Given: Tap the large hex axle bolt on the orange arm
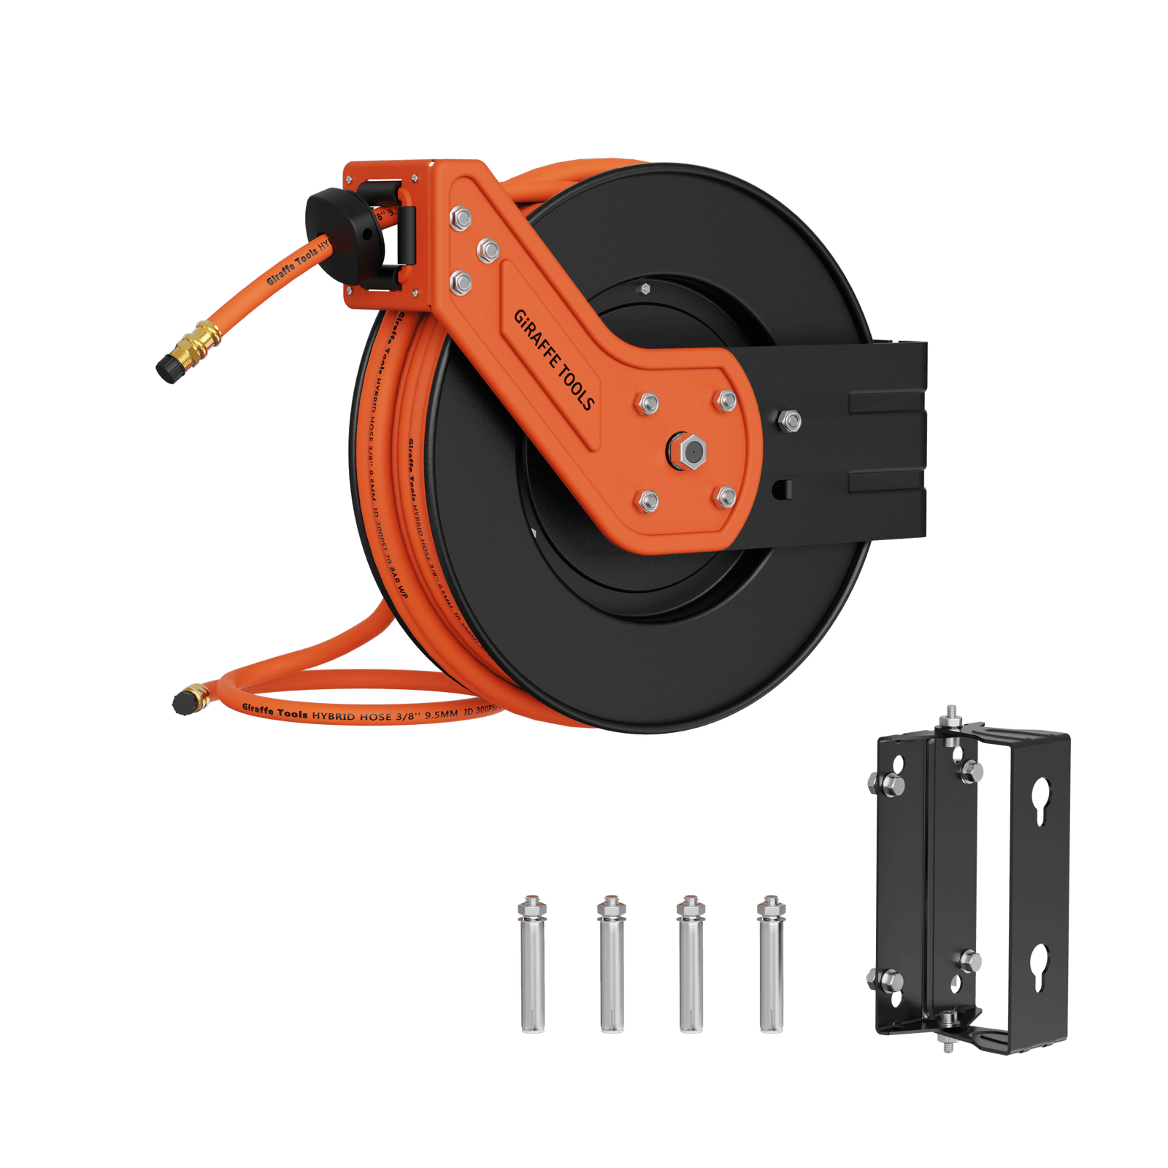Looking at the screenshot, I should (687, 451).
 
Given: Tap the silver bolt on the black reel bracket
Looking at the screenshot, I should (789, 420).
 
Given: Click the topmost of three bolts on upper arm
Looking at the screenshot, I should (461, 218).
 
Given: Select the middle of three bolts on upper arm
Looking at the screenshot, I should (487, 250).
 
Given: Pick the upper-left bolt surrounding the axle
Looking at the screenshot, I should (648, 402).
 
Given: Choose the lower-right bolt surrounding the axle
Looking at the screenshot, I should (726, 498).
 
